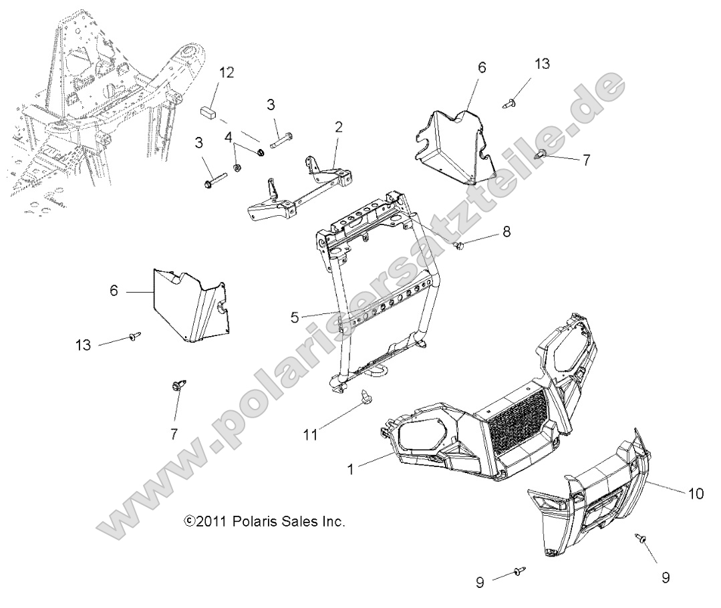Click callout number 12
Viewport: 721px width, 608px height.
click(227, 73)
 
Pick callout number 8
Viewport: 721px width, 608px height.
click(506, 233)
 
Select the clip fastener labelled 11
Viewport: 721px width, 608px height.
click(367, 396)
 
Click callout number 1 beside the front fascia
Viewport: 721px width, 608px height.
click(350, 470)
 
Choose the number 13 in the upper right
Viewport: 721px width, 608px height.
click(541, 64)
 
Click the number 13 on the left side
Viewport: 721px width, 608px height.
click(84, 345)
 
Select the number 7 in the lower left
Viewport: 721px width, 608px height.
click(174, 434)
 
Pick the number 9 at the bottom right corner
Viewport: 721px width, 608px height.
click(665, 577)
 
